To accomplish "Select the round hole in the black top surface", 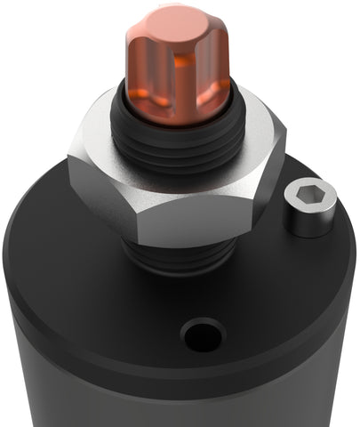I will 203,336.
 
